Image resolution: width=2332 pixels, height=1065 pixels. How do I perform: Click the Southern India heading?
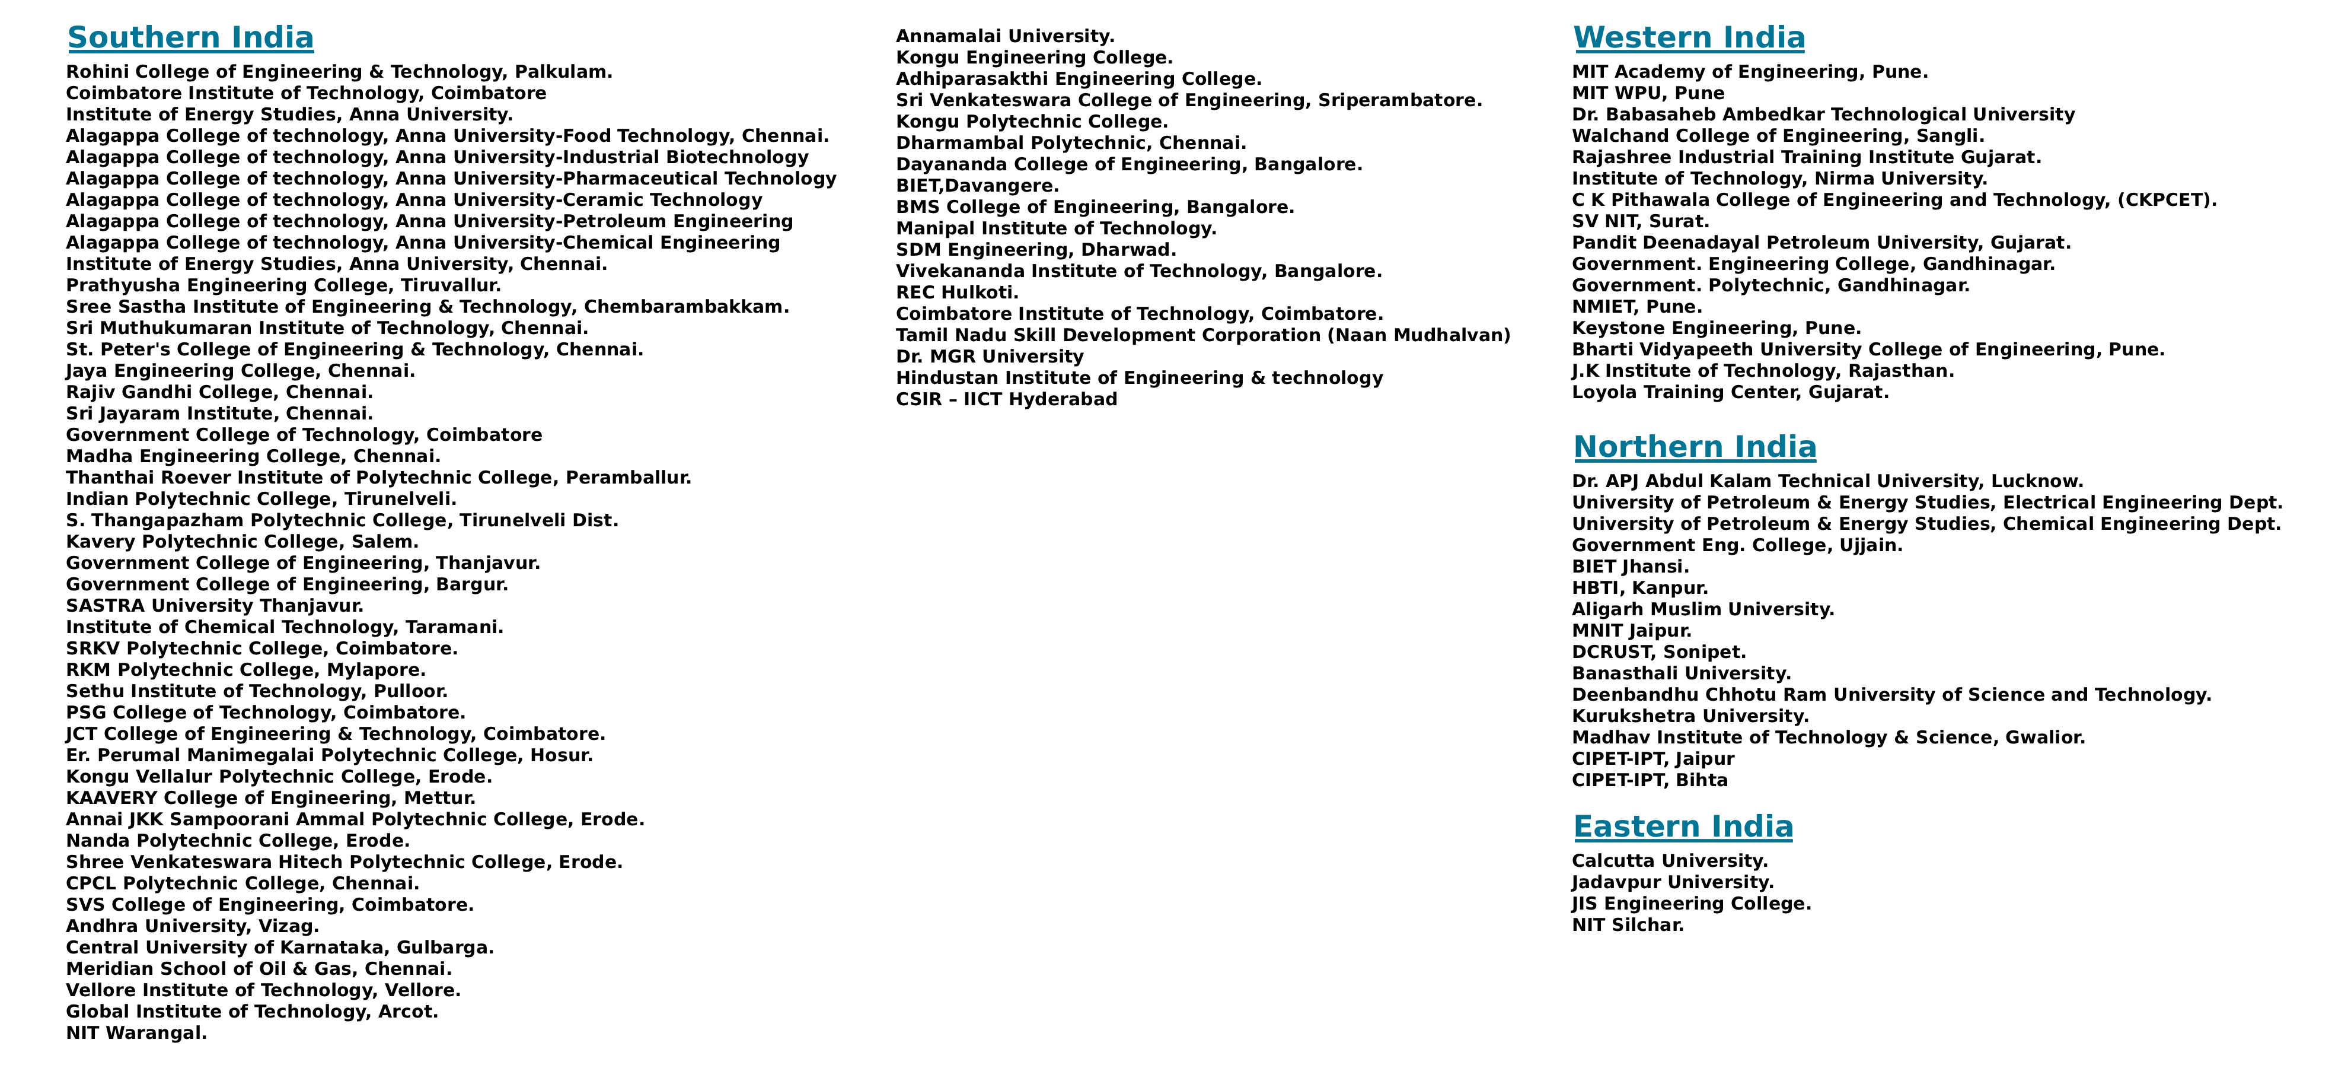click(x=190, y=38)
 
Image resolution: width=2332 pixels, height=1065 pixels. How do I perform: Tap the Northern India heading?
click(x=1694, y=447)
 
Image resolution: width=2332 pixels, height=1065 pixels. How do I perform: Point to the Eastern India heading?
click(x=1682, y=827)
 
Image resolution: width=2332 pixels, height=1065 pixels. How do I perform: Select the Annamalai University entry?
click(x=1005, y=36)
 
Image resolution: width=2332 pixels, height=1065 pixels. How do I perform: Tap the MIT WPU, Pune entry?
click(x=1648, y=93)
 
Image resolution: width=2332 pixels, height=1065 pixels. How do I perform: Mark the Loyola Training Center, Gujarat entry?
click(x=1730, y=392)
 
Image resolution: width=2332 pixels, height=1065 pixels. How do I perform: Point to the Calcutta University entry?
click(x=1669, y=861)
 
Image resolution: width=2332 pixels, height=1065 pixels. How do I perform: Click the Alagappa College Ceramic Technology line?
click(x=414, y=200)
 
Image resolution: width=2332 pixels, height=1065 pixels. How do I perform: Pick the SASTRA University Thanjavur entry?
click(x=215, y=606)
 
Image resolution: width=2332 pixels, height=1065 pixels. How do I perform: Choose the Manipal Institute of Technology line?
click(x=1055, y=228)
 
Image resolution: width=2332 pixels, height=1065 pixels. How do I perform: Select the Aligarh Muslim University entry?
click(x=1702, y=609)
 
